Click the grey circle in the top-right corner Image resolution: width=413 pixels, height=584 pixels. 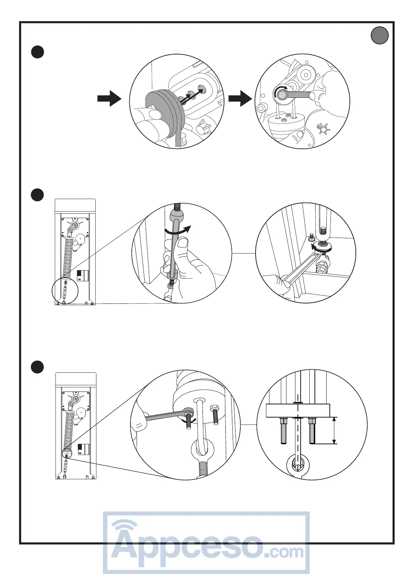(380, 35)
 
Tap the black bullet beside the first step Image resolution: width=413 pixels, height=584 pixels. (37, 52)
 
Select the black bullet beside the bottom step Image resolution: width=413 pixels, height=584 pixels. (37, 367)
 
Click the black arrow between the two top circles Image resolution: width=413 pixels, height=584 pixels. (240, 98)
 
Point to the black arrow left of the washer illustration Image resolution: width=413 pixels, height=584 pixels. (109, 98)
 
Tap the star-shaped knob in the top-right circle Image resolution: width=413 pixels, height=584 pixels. (324, 130)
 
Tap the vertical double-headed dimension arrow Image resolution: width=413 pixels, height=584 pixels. (334, 430)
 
